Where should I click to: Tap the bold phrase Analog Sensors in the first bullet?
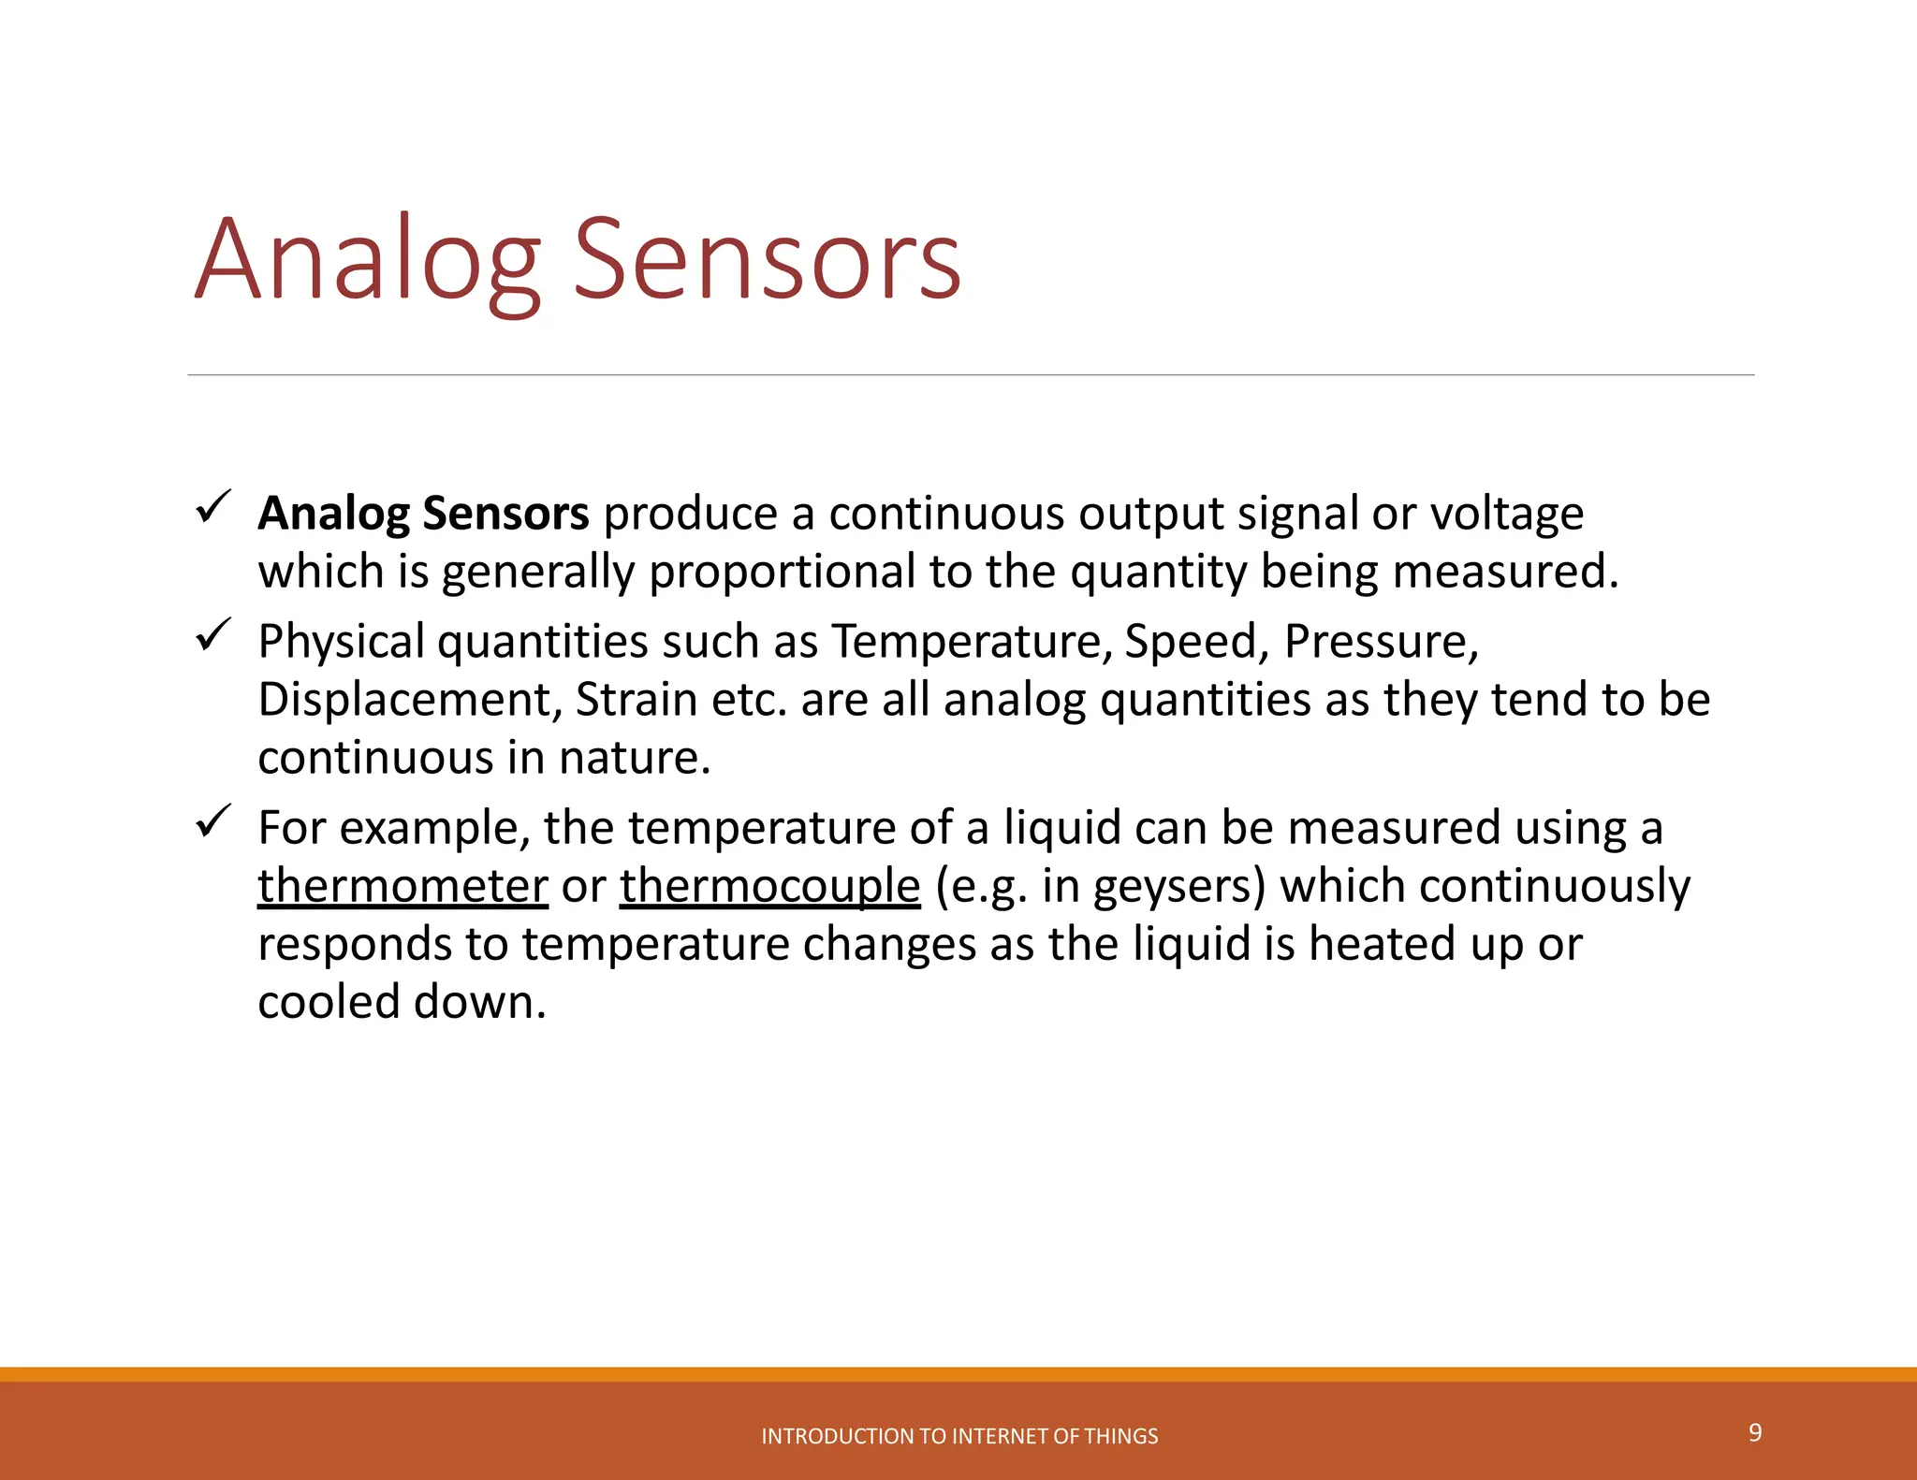point(423,514)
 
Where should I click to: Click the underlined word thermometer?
point(402,886)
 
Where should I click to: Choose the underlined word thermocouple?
point(769,886)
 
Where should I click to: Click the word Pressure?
point(1380,642)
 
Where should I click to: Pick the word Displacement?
point(410,700)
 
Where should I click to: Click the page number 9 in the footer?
point(1755,1432)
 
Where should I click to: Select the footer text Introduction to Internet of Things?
point(959,1436)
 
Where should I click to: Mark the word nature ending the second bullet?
point(634,758)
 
